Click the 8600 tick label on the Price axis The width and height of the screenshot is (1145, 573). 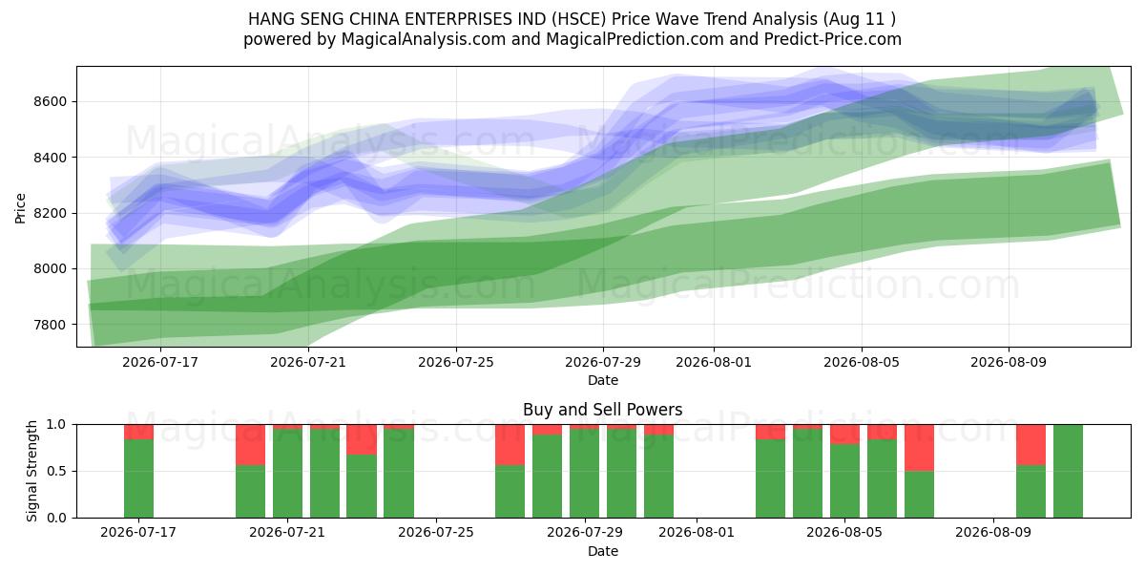(x=50, y=102)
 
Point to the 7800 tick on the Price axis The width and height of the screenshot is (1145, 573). (x=50, y=325)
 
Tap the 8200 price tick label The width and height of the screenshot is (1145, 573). (x=50, y=213)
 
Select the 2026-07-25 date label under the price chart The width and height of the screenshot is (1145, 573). (x=456, y=362)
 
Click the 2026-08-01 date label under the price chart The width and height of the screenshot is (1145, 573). (x=714, y=362)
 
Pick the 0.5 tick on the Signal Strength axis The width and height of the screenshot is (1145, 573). (x=56, y=471)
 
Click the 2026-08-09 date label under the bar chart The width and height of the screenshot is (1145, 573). (x=993, y=532)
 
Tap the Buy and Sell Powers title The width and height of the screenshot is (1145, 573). (x=603, y=410)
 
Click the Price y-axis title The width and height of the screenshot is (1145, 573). (x=20, y=208)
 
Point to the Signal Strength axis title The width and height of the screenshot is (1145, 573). (x=31, y=471)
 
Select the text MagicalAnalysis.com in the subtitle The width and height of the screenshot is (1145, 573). (x=424, y=39)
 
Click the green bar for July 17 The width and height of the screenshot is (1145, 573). (x=138, y=478)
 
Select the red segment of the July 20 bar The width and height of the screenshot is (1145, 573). (x=250, y=445)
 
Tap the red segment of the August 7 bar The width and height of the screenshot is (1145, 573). (x=919, y=448)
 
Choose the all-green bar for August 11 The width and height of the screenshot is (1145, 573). (x=1068, y=471)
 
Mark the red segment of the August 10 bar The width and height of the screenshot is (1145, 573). (x=1030, y=445)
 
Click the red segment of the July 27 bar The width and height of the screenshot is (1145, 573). (x=510, y=445)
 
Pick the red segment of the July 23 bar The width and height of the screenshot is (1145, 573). (x=362, y=439)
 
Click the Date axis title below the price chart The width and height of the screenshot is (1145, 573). (x=603, y=380)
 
